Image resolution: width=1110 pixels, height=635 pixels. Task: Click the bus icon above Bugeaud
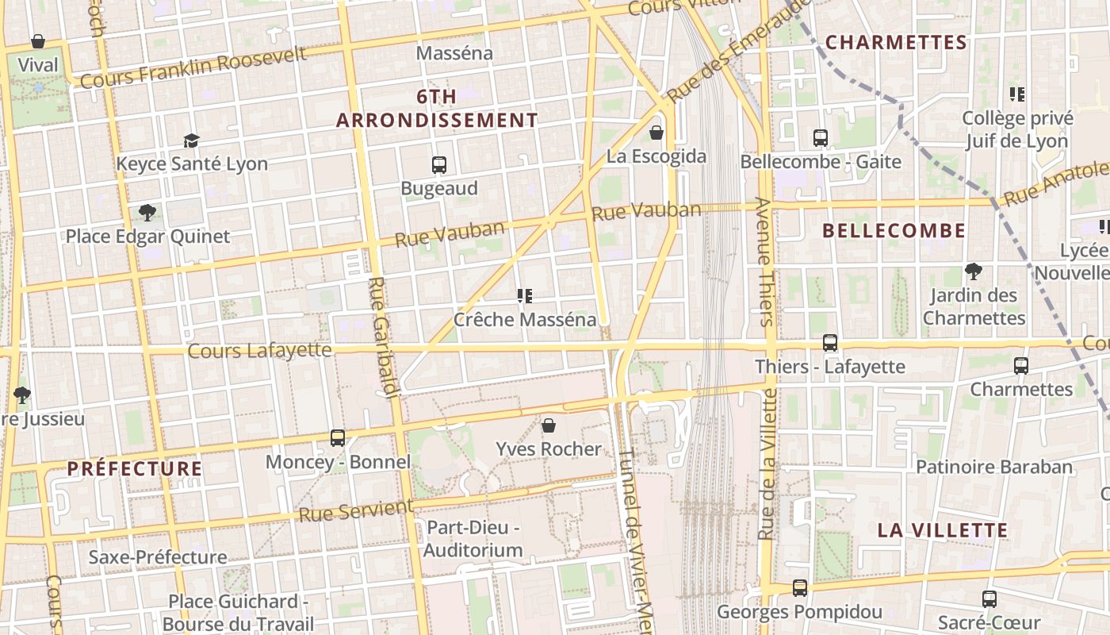click(439, 165)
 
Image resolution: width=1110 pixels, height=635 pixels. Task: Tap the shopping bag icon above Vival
click(37, 41)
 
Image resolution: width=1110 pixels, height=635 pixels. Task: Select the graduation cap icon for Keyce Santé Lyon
click(191, 141)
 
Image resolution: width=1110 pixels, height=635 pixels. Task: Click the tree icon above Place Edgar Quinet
click(147, 213)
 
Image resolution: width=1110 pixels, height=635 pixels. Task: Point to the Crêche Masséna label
click(524, 319)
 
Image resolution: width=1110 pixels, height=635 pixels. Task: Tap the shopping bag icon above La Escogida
click(656, 133)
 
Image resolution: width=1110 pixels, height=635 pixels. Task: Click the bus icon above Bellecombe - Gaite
click(821, 138)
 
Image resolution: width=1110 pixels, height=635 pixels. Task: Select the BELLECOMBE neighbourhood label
click(894, 231)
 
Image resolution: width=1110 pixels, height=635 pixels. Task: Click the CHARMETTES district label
click(896, 42)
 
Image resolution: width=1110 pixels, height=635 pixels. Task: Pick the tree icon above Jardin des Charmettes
click(974, 271)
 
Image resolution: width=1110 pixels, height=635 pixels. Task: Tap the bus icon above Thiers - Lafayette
click(829, 343)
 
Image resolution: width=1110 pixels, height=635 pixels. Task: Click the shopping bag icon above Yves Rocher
click(548, 426)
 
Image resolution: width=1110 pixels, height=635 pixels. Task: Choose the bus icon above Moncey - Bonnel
click(338, 438)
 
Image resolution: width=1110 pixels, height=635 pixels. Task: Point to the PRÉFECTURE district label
click(135, 468)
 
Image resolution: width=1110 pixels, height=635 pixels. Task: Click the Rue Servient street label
click(356, 510)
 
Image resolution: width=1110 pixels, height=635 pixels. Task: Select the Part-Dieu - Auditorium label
click(473, 538)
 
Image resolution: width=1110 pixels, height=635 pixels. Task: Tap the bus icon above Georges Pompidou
click(799, 588)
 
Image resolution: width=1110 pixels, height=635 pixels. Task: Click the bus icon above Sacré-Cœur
click(989, 598)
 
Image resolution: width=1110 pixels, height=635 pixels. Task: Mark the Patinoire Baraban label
click(994, 467)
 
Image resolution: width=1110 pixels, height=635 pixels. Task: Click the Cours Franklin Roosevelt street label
click(193, 67)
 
